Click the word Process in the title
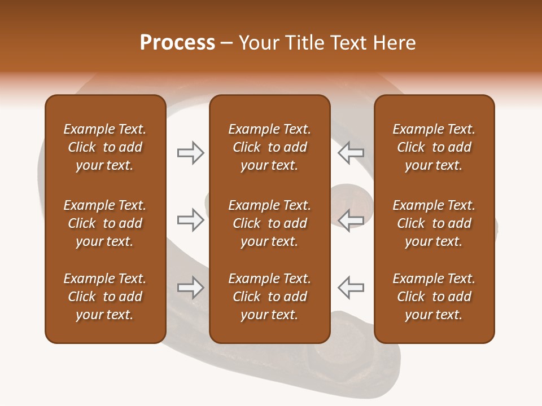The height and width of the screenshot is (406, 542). (177, 43)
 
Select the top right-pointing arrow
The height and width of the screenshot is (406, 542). (190, 153)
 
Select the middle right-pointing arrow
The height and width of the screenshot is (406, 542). (190, 220)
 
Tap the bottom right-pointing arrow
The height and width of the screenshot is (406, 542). (190, 287)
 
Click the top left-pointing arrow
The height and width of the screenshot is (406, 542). (351, 153)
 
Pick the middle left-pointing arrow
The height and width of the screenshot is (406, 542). (351, 220)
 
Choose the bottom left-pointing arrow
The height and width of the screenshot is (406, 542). (351, 287)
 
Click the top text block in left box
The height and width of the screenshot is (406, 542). (105, 147)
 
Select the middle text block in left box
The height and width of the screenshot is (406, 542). (105, 223)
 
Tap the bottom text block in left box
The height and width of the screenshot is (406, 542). (105, 297)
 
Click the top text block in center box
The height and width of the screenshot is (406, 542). (269, 147)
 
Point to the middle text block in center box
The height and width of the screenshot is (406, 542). (269, 223)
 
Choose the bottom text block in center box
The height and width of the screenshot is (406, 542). (269, 297)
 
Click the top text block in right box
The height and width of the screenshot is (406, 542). (434, 147)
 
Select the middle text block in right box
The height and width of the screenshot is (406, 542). (434, 223)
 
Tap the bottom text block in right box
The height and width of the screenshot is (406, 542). (434, 297)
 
